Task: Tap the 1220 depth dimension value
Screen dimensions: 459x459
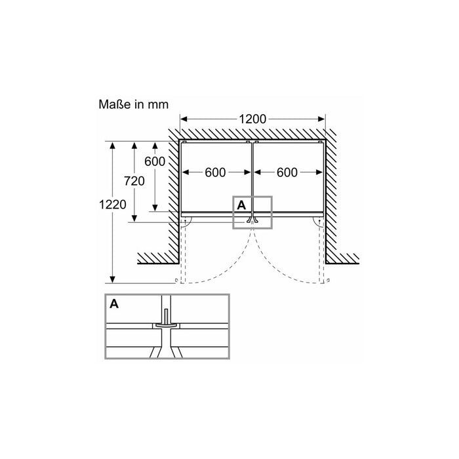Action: pos(113,204)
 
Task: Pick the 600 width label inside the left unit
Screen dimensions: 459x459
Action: pos(215,172)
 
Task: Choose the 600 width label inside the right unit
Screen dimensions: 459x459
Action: pos(287,172)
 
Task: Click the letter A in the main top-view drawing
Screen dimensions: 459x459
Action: pos(241,205)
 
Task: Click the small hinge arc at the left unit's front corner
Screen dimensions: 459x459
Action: pos(188,223)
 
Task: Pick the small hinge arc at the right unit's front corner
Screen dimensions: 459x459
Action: pos(318,223)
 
